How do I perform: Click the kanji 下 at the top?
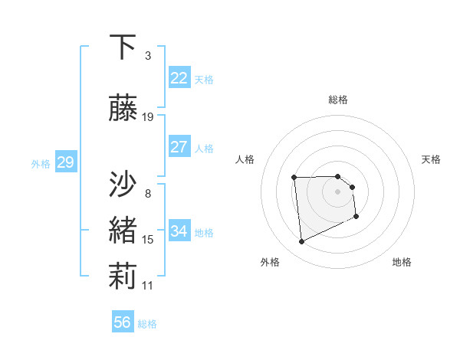click(123, 47)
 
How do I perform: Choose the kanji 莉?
click(123, 277)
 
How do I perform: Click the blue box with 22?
click(179, 78)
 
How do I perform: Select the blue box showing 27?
click(179, 147)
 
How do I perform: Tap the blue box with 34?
click(179, 231)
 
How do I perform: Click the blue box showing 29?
click(65, 162)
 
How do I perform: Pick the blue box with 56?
click(123, 322)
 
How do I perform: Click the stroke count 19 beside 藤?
click(149, 117)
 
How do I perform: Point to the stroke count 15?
click(148, 240)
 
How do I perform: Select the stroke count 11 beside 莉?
click(148, 286)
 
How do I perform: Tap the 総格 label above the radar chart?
click(338, 100)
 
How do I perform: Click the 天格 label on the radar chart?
click(432, 159)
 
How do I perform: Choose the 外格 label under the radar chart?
click(270, 262)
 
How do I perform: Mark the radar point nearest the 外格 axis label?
click(301, 242)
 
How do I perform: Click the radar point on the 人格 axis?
click(294, 178)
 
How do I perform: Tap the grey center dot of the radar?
click(338, 191)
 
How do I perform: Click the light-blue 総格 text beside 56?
click(147, 324)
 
